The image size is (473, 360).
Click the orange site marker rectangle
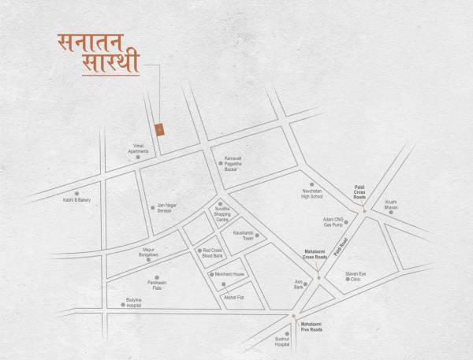(x=160, y=128)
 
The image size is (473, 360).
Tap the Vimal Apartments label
(x=138, y=148)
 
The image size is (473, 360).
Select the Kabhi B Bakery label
(x=77, y=200)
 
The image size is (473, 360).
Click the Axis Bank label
(x=299, y=284)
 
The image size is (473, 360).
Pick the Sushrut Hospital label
(x=282, y=343)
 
